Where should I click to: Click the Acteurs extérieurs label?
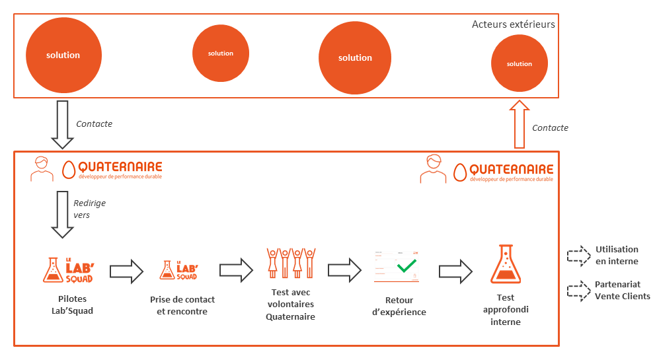pyautogui.click(x=513, y=24)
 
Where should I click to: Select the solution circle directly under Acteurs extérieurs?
pyautogui.click(x=519, y=63)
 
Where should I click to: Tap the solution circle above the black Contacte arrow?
pyautogui.click(x=63, y=55)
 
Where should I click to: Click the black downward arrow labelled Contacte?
pyautogui.click(x=63, y=125)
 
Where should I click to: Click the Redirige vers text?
pyautogui.click(x=89, y=209)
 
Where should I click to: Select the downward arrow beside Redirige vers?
pyautogui.click(x=63, y=214)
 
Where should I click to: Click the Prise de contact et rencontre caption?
pyautogui.click(x=182, y=305)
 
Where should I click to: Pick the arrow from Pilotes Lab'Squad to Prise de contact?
pyautogui.click(x=126, y=270)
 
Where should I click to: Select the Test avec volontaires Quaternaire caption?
pyautogui.click(x=290, y=304)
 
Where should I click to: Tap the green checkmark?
pyautogui.click(x=406, y=266)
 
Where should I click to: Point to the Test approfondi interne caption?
pyautogui.click(x=506, y=310)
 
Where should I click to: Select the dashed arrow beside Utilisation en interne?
pyautogui.click(x=578, y=255)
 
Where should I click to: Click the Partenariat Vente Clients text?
pyautogui.click(x=622, y=290)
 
